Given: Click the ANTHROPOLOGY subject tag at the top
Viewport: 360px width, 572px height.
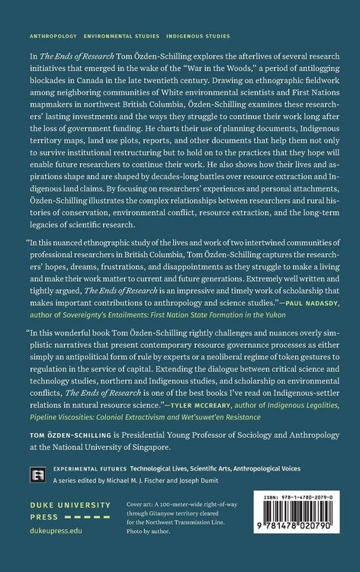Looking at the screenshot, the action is tap(53, 36).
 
